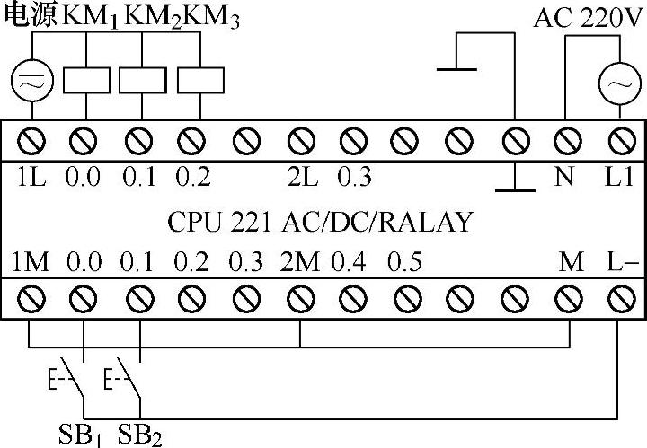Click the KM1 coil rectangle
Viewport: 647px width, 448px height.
tap(86, 80)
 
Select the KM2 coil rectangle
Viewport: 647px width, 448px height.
tap(137, 80)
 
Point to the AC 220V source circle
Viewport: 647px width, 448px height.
tap(617, 83)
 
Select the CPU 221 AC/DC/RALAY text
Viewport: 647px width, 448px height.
tap(320, 221)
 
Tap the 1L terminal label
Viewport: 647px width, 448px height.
tap(31, 177)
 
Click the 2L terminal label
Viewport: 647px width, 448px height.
tap(303, 177)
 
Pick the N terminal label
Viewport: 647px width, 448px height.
tap(565, 177)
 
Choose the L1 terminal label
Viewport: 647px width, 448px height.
tap(618, 177)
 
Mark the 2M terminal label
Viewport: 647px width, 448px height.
tap(299, 263)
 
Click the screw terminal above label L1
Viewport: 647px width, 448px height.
tap(618, 140)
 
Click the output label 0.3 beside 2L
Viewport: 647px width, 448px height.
tap(354, 177)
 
